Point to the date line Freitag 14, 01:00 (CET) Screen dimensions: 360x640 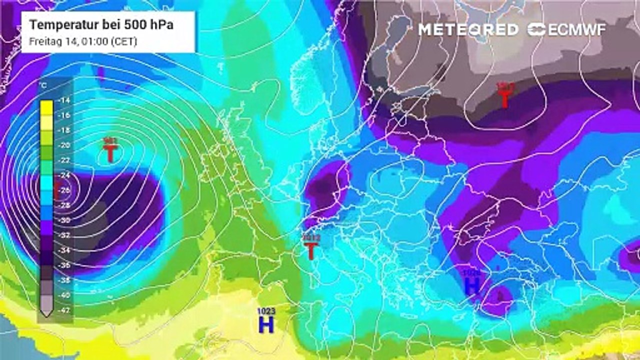[x=83, y=42]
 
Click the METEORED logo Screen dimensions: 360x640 [x=468, y=29]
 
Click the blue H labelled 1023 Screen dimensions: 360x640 [x=266, y=325]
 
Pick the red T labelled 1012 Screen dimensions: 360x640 [x=310, y=250]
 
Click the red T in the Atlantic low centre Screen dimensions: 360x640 [x=109, y=153]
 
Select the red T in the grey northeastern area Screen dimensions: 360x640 [x=504, y=98]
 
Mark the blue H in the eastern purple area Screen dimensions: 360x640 [x=472, y=286]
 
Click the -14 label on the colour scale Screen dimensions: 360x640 [x=64, y=100]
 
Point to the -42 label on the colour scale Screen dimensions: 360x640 [x=64, y=310]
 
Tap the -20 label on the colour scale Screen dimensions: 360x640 [x=64, y=145]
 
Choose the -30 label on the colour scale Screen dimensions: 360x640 [x=64, y=220]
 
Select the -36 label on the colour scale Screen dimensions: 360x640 [x=64, y=265]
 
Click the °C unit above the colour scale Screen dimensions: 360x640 [x=43, y=86]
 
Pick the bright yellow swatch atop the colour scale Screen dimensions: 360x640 [x=46, y=106]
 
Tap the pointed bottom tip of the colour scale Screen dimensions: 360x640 [x=46, y=314]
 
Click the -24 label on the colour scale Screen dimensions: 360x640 [x=64, y=175]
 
